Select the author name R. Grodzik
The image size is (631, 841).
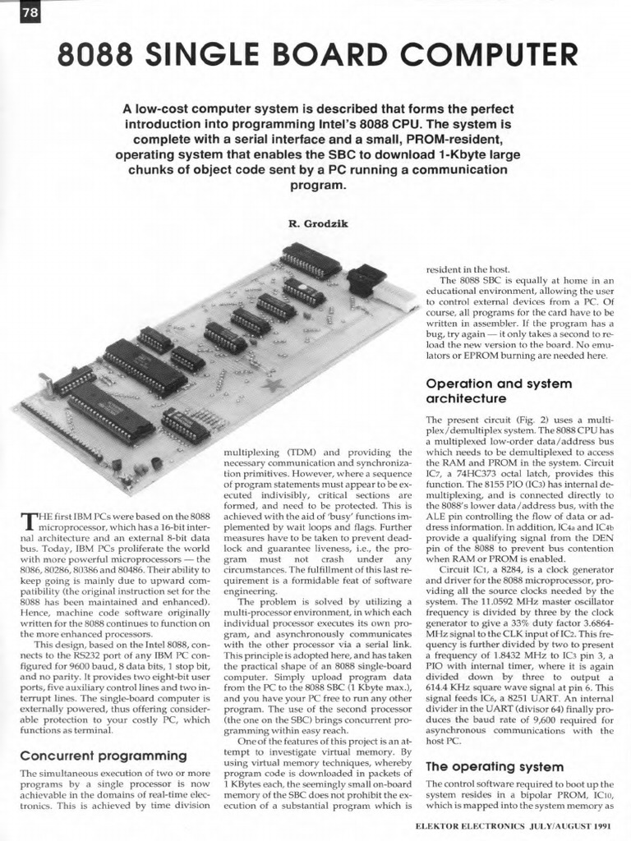tap(315, 223)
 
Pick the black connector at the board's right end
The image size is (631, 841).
tap(366, 281)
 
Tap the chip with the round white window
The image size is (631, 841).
tap(304, 292)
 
